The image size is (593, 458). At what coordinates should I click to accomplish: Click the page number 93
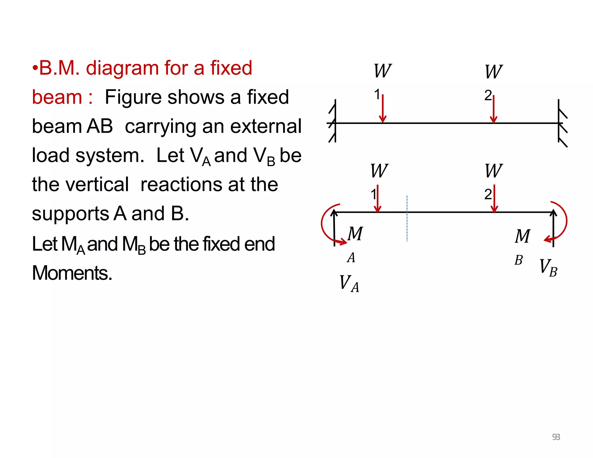pyautogui.click(x=556, y=437)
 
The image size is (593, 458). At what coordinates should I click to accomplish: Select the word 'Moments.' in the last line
pyautogui.click(x=72, y=273)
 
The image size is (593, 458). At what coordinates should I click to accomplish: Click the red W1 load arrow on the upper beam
pyautogui.click(x=383, y=109)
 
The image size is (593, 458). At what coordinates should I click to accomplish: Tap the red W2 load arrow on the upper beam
pyautogui.click(x=494, y=109)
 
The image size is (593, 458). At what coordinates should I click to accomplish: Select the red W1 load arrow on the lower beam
pyautogui.click(x=378, y=199)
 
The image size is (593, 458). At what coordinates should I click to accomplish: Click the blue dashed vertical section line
pyautogui.click(x=407, y=219)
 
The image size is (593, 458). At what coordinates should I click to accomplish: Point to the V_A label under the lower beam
pyautogui.click(x=349, y=283)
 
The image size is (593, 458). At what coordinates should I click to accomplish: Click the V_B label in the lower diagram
pyautogui.click(x=548, y=268)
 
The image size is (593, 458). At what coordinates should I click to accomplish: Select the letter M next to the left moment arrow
pyautogui.click(x=355, y=234)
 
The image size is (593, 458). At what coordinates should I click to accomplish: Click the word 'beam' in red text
pyautogui.click(x=57, y=97)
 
